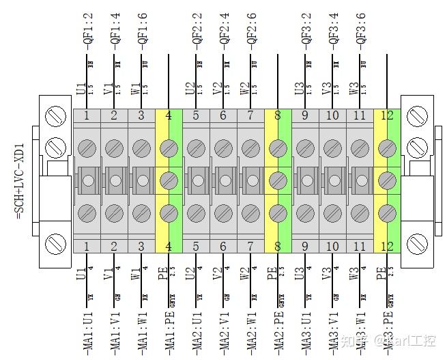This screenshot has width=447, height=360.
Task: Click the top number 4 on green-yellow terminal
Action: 169,115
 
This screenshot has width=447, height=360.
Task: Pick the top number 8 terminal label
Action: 278,115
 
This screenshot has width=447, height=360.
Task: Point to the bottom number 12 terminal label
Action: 387,246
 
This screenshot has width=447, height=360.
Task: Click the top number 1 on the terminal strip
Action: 87,115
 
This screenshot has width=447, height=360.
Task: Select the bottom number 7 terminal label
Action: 250,246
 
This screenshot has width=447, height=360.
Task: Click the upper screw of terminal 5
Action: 196,148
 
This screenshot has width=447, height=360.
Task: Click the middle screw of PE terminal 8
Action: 278,180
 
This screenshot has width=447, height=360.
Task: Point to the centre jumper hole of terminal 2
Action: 115,180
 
